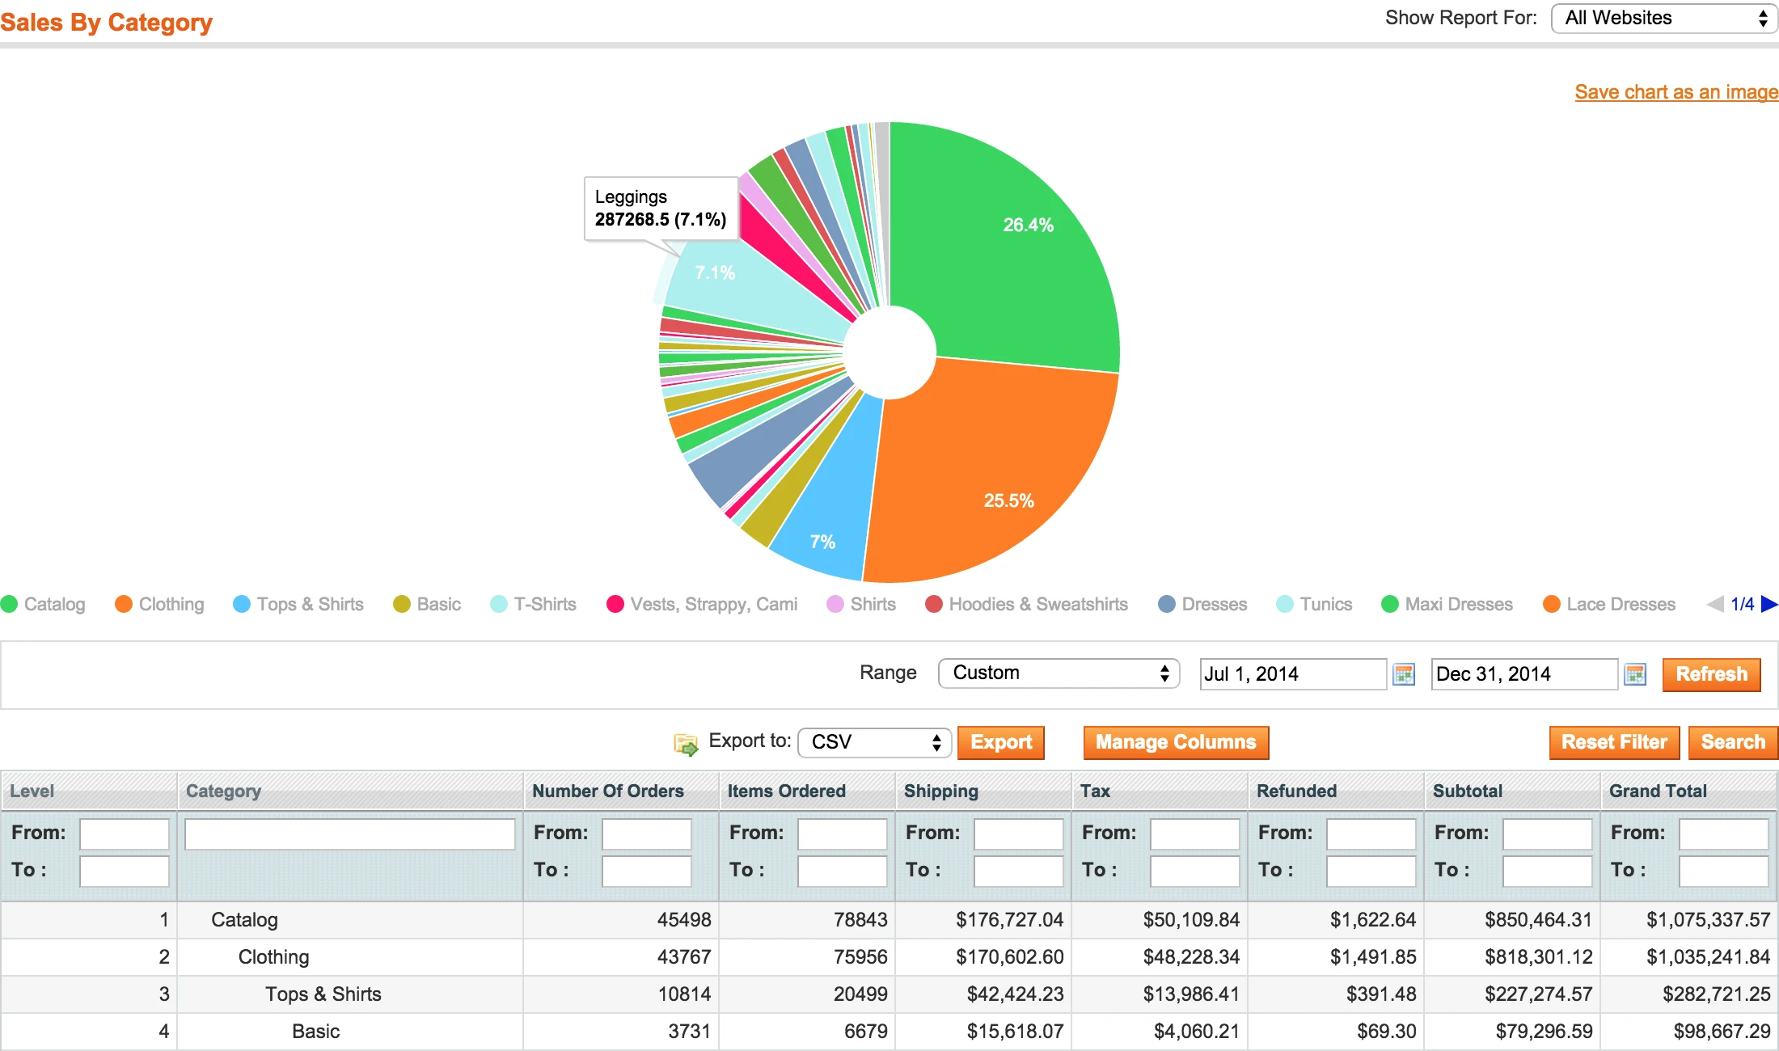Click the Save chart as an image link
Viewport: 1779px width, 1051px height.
point(1675,92)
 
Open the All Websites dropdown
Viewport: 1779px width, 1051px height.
point(1663,19)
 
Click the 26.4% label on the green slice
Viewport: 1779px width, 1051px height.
point(1028,226)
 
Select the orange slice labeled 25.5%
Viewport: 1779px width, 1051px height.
point(1008,500)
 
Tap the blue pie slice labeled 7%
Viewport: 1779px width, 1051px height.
point(822,542)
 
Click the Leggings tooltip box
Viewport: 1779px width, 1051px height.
point(661,209)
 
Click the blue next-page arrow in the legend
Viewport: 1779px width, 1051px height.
point(1769,604)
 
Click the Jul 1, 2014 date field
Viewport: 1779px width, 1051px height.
point(1292,674)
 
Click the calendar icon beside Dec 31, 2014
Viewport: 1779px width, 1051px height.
point(1635,674)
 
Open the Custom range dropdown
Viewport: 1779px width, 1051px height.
point(1058,673)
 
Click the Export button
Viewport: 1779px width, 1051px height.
point(1000,742)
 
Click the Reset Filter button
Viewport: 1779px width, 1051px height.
point(1613,742)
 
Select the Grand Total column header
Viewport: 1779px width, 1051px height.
point(1658,791)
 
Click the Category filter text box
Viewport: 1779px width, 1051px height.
point(349,834)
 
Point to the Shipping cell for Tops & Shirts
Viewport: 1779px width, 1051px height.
point(1015,994)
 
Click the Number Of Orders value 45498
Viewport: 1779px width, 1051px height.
point(683,920)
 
